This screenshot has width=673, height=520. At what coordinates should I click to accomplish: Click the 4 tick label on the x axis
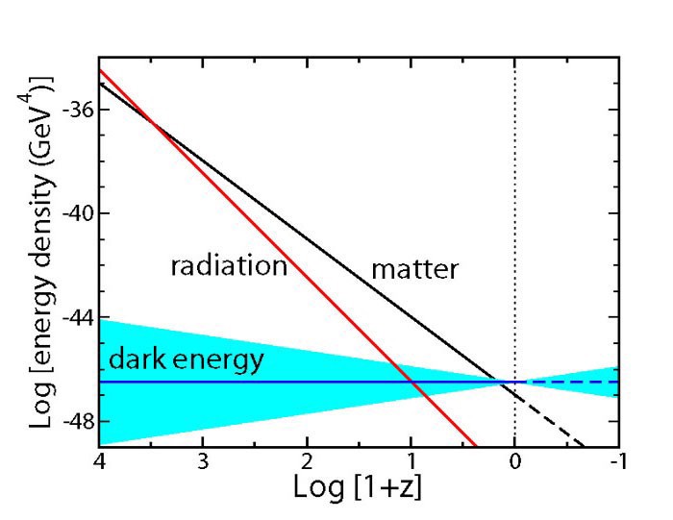point(98,460)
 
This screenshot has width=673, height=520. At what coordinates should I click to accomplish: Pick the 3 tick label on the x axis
point(203,460)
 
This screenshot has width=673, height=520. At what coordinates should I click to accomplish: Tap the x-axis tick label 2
point(307,460)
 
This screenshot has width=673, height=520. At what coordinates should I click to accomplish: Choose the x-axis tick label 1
point(411,460)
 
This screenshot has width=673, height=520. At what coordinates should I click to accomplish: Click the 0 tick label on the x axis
point(515,460)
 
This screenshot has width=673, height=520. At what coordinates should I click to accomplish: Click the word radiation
point(229,266)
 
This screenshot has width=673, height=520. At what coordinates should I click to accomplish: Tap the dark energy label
point(172,360)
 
